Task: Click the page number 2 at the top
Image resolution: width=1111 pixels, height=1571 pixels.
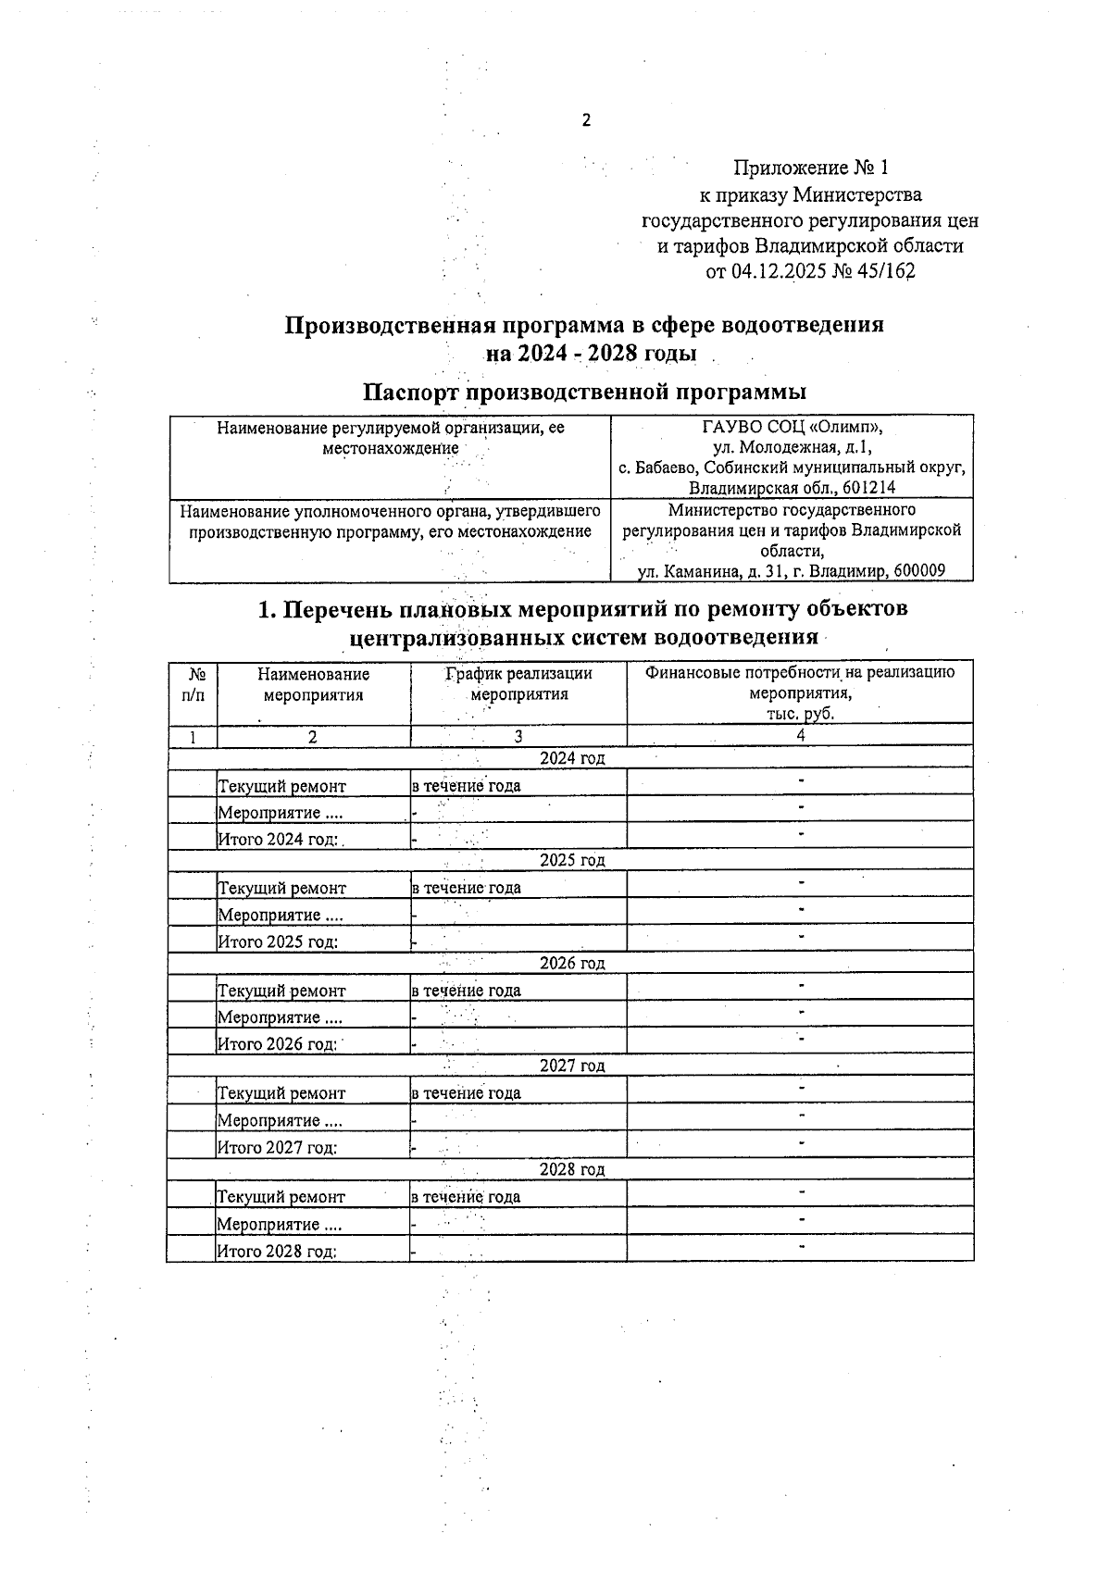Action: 585,120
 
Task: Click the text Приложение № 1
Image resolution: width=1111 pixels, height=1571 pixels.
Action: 810,168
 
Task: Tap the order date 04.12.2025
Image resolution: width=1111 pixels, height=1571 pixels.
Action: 780,272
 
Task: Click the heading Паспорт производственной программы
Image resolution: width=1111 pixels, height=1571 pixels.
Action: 583,392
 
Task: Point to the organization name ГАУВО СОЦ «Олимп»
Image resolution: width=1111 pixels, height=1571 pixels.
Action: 792,428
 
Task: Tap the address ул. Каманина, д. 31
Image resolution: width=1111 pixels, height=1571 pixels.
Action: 717,571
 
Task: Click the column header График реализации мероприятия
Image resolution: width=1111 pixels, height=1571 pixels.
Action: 518,684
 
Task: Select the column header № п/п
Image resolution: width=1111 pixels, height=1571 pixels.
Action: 194,684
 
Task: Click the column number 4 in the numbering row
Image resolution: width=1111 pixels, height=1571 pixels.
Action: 800,736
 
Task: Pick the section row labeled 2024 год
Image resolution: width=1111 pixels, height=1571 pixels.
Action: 572,758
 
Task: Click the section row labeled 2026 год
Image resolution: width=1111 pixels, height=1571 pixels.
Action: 572,963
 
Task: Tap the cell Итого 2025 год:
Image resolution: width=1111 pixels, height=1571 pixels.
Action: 277,941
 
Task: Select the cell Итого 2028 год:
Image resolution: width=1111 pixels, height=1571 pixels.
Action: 276,1252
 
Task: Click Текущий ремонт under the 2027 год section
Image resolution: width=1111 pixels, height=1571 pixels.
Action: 281,1093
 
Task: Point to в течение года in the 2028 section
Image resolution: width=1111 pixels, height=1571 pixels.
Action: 466,1196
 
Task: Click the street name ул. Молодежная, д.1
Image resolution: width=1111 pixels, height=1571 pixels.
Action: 792,448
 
